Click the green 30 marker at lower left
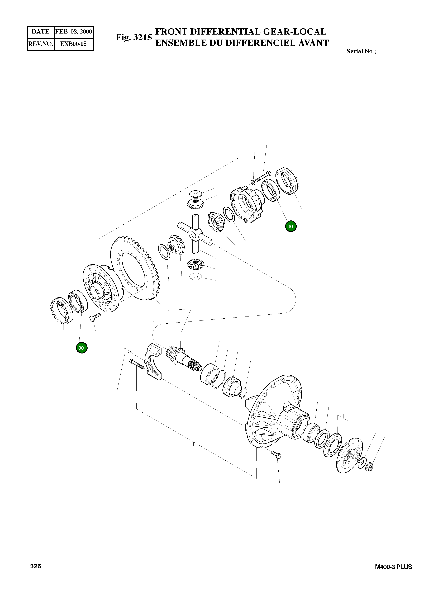click(x=81, y=348)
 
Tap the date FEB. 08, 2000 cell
click(x=74, y=32)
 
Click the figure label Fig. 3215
click(x=134, y=37)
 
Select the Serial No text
click(x=361, y=51)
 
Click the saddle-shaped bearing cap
click(x=154, y=362)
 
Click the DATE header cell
click(x=41, y=32)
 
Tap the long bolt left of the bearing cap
click(x=137, y=364)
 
